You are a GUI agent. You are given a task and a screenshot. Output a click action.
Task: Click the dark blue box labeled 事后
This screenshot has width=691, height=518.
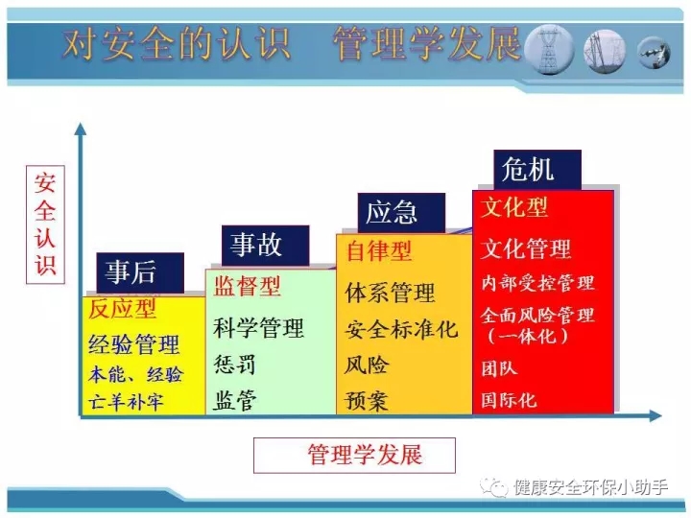[140, 272]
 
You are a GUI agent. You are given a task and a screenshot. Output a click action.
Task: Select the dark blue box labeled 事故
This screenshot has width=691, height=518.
[265, 246]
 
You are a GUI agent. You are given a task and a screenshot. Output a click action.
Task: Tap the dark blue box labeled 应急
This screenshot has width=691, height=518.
[401, 213]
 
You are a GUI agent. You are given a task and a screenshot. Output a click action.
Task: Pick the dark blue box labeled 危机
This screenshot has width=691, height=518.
[537, 170]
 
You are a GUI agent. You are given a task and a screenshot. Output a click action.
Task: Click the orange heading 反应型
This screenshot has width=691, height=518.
[123, 309]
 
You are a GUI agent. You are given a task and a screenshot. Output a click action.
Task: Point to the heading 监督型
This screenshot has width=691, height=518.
[248, 286]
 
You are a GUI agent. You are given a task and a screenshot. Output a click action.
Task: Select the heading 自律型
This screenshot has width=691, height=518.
[379, 251]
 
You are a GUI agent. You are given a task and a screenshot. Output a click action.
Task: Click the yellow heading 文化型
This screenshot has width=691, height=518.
[514, 207]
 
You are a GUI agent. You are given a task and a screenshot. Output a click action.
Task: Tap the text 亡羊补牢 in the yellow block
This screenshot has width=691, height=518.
[126, 402]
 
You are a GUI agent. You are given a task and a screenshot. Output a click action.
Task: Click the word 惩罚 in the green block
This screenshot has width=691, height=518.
[234, 365]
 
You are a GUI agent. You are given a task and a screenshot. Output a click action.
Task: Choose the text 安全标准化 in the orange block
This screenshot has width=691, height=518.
[401, 329]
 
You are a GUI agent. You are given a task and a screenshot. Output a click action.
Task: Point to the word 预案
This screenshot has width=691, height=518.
[367, 401]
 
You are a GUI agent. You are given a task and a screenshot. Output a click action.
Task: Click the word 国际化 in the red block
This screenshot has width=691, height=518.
[509, 400]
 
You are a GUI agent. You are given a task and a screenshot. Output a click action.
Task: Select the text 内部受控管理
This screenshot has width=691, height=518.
[537, 283]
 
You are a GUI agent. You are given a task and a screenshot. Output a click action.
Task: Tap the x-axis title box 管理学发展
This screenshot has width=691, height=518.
[354, 456]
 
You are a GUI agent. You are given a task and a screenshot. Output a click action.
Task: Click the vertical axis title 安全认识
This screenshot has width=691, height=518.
[45, 224]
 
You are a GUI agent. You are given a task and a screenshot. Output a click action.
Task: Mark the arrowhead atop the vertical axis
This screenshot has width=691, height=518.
[81, 129]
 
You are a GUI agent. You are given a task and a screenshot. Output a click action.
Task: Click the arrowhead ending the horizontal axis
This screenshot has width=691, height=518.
[655, 415]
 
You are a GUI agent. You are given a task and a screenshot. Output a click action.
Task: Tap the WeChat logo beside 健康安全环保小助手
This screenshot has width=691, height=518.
[493, 487]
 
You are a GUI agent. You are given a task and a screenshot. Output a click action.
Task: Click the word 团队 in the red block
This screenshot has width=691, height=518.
[499, 368]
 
